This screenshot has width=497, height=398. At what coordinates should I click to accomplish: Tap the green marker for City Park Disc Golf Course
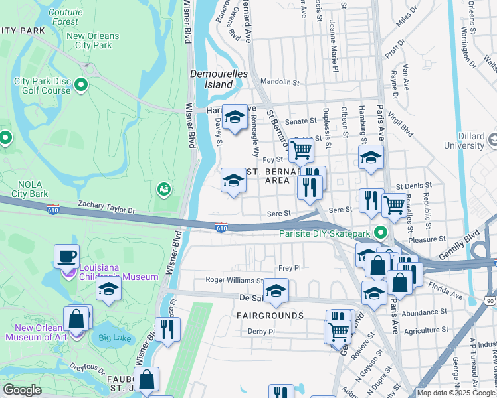81,85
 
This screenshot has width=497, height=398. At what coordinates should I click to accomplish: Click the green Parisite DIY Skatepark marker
380,233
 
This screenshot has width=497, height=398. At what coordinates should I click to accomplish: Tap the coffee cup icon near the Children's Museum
66,256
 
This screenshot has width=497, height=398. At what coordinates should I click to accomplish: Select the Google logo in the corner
22,390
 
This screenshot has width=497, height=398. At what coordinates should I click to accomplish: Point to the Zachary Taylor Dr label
106,208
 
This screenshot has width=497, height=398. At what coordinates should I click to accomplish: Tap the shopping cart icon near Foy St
302,150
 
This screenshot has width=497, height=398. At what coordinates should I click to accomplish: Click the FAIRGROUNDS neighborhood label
270,316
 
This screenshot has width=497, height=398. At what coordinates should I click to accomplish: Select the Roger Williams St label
234,281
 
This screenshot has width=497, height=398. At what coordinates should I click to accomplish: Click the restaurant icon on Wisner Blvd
167,328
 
